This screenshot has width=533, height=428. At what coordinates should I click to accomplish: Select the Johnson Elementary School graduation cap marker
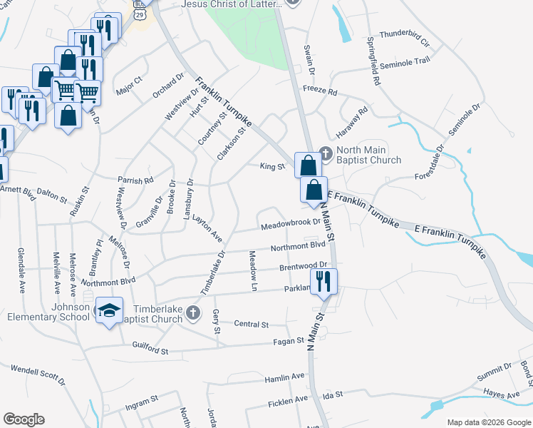(108, 310)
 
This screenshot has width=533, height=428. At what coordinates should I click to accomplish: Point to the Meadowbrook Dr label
(290, 223)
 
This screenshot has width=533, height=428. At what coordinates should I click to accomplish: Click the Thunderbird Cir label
(405, 39)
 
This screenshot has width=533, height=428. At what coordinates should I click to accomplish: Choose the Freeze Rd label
(319, 92)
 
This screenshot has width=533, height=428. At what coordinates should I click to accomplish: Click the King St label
(272, 167)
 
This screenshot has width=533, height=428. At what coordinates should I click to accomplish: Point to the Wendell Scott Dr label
(38, 375)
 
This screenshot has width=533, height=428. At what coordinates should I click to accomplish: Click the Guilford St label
(150, 350)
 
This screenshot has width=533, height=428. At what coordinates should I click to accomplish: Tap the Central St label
(251, 324)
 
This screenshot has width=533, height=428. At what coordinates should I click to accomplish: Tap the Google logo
(24, 419)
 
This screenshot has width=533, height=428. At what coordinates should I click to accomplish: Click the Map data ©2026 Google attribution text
(488, 422)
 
